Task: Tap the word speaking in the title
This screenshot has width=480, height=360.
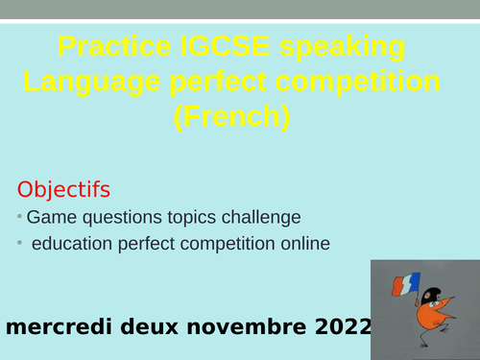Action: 344,48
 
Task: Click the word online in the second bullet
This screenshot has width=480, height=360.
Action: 301,245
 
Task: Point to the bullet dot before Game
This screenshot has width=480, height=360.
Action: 20,216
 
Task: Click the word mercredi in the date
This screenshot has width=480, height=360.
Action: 58,327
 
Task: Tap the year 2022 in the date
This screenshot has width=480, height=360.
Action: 342,327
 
